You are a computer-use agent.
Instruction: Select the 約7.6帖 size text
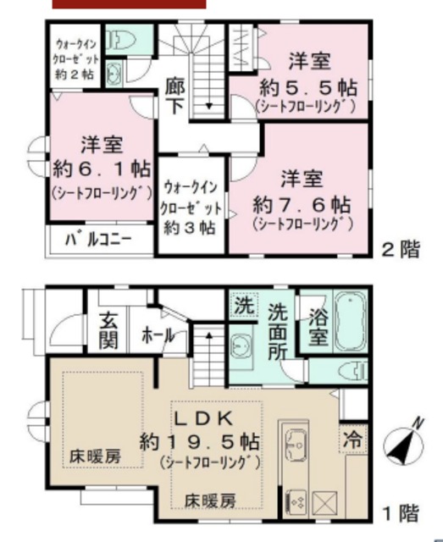[x=302, y=204]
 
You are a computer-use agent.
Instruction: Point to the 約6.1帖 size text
[x=101, y=167]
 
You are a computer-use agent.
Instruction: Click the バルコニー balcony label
[x=98, y=240]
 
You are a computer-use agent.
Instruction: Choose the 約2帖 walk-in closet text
[x=75, y=73]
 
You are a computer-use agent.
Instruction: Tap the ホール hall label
[x=159, y=335]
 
